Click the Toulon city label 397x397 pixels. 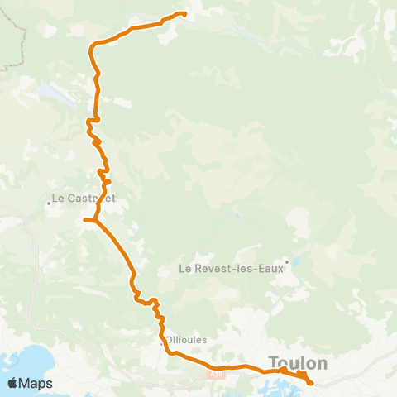click(298, 362)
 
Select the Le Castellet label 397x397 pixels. click(82, 198)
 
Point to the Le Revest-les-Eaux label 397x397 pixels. click(230, 268)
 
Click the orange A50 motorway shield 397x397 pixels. click(217, 375)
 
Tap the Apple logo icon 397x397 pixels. click(12, 383)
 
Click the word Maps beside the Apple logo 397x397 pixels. click(36, 383)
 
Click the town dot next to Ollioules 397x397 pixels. click(162, 340)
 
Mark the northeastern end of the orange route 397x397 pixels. click(184, 13)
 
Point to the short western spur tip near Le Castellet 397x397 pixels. click(85, 220)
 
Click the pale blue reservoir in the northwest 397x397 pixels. click(50, 90)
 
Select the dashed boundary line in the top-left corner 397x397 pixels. click(17, 41)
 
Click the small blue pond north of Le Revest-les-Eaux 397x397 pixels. click(237, 217)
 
